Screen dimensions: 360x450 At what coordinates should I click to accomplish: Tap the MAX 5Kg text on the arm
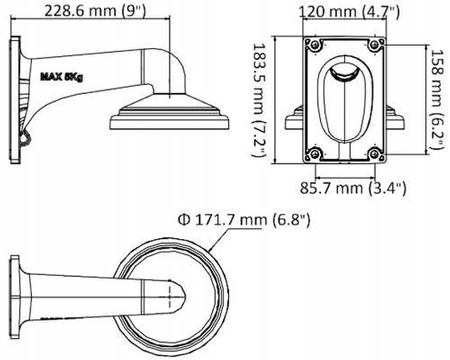tap(61, 75)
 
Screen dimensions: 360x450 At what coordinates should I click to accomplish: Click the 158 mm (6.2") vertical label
tap(436, 99)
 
